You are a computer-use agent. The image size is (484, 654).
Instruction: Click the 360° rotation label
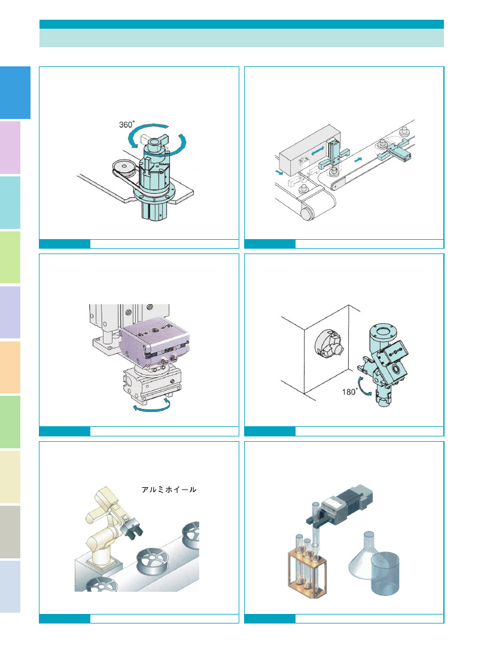[x=127, y=124]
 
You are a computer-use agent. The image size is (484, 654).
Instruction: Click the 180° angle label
[x=349, y=392]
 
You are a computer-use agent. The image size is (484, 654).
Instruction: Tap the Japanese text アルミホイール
[x=169, y=490]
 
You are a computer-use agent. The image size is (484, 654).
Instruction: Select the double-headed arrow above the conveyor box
[x=318, y=151]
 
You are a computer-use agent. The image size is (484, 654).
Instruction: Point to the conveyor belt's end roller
[x=307, y=213]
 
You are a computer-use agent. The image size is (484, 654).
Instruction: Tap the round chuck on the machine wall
[x=329, y=343]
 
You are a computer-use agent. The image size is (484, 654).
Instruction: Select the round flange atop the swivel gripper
[x=381, y=332]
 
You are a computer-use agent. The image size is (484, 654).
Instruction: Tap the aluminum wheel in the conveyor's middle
[x=153, y=560]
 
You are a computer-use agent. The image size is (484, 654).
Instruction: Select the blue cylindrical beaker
[x=385, y=573]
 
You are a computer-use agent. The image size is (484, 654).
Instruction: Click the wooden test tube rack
[x=307, y=572]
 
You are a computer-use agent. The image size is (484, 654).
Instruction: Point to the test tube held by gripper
[x=316, y=529]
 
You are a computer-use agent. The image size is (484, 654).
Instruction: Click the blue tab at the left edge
[x=15, y=93]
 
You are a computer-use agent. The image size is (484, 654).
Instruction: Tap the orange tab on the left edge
[x=10, y=368]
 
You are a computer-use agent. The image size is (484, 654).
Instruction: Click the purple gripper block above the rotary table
[x=154, y=342]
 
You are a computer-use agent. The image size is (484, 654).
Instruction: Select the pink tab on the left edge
[x=10, y=148]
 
